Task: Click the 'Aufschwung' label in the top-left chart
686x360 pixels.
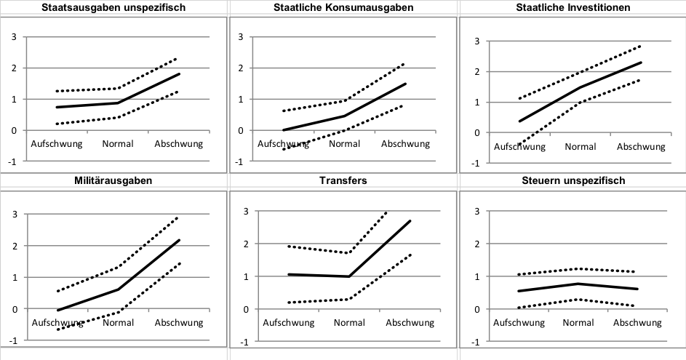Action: (56, 143)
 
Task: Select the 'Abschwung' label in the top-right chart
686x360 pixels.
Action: (641, 146)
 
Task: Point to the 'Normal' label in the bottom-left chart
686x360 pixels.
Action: (118, 322)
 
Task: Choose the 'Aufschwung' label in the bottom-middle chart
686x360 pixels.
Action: (288, 322)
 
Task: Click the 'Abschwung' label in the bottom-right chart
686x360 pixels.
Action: (637, 322)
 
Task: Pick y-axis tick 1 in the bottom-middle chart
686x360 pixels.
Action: (247, 276)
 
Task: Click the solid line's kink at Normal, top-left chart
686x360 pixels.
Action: (118, 103)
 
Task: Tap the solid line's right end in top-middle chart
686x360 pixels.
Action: (406, 84)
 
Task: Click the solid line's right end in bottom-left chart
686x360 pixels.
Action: (180, 240)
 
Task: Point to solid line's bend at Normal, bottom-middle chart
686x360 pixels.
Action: (349, 276)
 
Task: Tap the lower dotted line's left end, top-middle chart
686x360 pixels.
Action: (284, 149)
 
